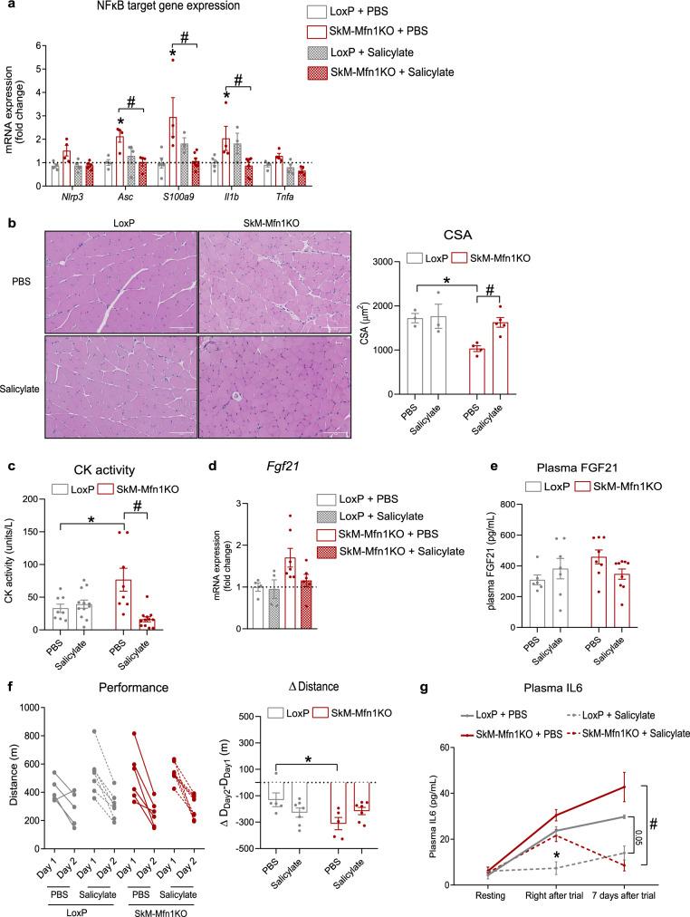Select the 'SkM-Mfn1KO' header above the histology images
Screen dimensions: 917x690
(295, 222)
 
